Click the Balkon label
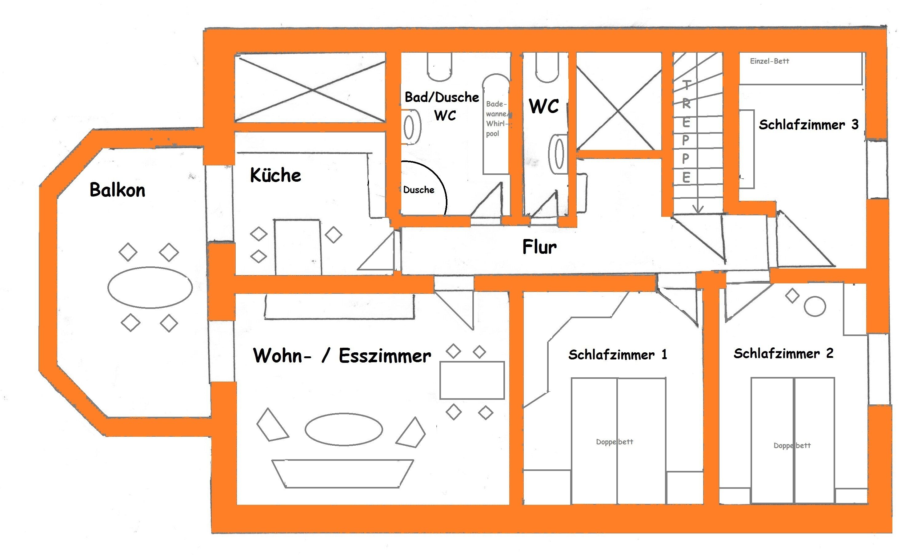coord(118,190)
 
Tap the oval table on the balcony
coord(150,287)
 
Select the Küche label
coord(275,175)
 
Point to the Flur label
coord(539,247)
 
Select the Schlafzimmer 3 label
coord(808,125)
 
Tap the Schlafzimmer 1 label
coord(617,355)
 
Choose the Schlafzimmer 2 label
coord(783,354)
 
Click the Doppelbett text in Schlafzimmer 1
coord(615,442)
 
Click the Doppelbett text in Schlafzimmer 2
coord(792,445)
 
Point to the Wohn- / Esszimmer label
coord(342,356)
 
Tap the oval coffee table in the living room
coord(343,429)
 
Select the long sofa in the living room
coord(342,473)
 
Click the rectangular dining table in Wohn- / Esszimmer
coord(472,380)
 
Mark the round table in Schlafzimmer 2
coord(815,306)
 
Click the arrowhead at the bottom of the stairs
coord(698,209)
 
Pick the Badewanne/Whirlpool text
coord(497,119)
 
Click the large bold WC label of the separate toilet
coord(544,106)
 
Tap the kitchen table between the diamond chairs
coord(298,247)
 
